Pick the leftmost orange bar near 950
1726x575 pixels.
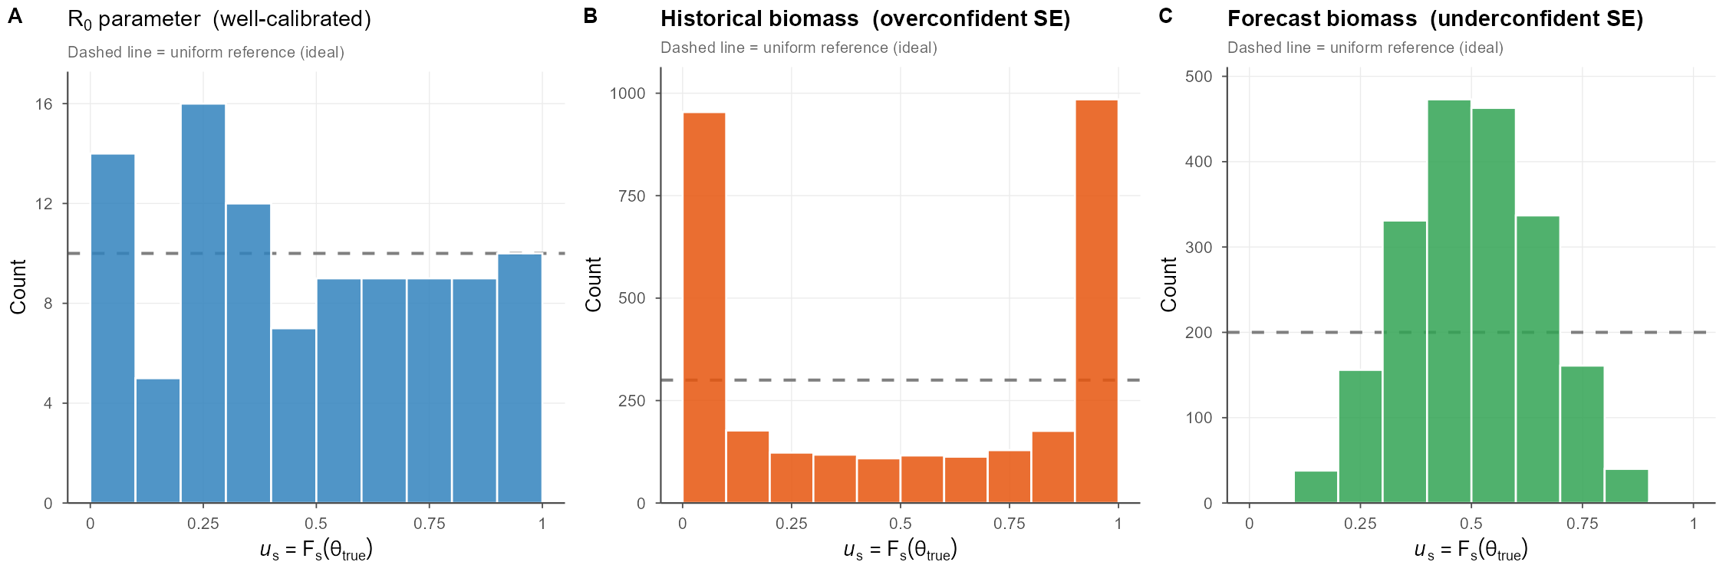(704, 307)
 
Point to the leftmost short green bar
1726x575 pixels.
(1316, 487)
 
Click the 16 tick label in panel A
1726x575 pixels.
(44, 104)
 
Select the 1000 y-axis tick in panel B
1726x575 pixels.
(627, 94)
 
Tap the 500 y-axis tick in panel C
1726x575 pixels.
(1198, 77)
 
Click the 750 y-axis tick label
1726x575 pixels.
(631, 196)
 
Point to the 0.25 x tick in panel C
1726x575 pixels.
(1360, 524)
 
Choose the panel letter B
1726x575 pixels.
(590, 16)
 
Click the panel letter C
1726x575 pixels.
(1165, 16)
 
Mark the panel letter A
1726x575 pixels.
(15, 16)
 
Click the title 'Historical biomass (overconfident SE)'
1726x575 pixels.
(865, 19)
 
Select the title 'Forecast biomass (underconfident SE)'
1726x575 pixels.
(1434, 19)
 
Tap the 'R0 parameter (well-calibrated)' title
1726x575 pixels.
(219, 19)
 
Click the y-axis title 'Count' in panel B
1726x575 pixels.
(593, 284)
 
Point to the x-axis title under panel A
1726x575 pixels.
(316, 550)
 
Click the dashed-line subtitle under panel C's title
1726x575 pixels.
(1365, 48)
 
